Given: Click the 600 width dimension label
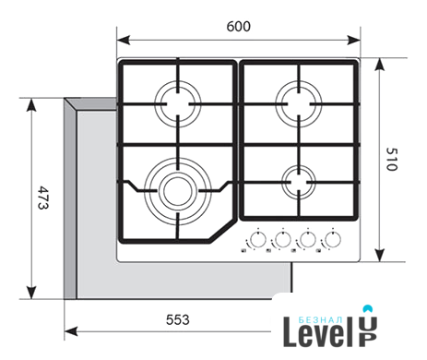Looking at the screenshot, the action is [x=239, y=27].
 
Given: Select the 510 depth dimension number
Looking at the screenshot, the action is [x=392, y=160].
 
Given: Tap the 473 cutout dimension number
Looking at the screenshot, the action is [x=43, y=198].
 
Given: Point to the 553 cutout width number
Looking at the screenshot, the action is [x=178, y=320].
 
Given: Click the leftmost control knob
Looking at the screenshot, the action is [x=257, y=239].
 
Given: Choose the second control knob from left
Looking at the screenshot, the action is [x=282, y=239].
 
